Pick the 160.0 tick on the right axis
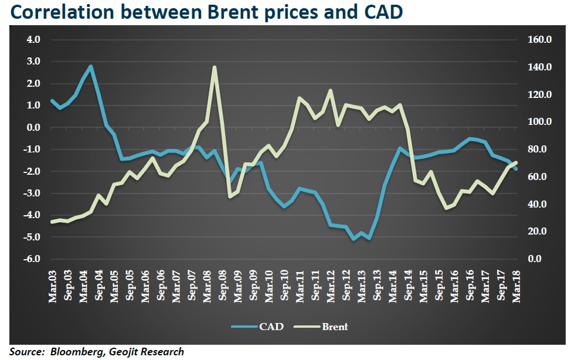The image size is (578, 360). pyautogui.click(x=540, y=40)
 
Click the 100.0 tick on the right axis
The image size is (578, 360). pyautogui.click(x=540, y=122)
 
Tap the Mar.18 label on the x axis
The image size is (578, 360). pyautogui.click(x=516, y=286)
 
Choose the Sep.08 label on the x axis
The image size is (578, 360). pyautogui.click(x=223, y=286)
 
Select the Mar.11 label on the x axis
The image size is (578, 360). pyautogui.click(x=300, y=286)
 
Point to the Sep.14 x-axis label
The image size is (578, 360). pyautogui.click(x=408, y=286)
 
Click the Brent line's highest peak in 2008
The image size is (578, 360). pyautogui.click(x=215, y=67)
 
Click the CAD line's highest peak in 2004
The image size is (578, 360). pyautogui.click(x=91, y=66)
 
